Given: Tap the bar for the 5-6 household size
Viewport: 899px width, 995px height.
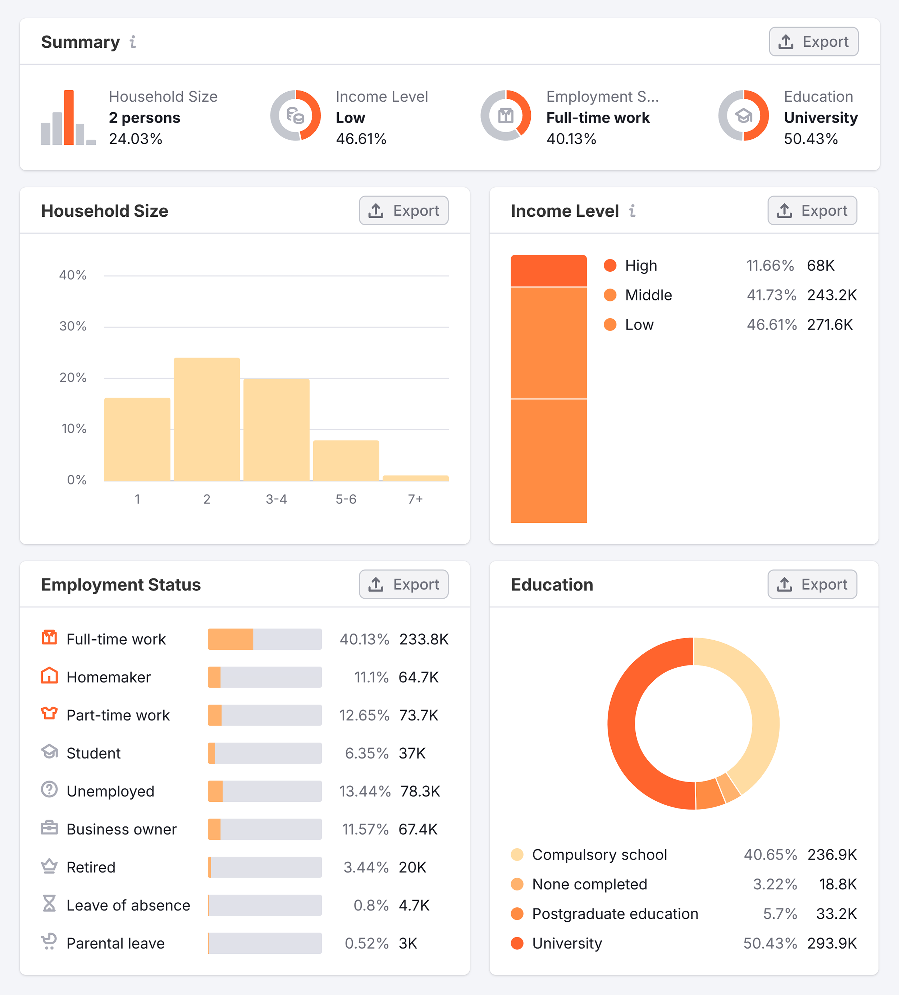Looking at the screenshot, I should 346,460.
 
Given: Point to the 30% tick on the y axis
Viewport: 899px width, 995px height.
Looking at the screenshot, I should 73,326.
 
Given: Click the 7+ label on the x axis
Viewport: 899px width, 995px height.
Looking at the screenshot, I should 415,499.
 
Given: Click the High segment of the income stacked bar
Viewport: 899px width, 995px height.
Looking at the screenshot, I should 548,271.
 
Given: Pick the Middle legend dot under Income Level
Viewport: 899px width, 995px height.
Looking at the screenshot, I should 610,295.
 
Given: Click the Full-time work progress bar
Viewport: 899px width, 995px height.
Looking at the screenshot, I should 264,639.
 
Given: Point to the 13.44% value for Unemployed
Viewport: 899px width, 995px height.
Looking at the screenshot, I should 365,791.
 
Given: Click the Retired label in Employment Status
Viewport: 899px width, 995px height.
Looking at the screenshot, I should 91,867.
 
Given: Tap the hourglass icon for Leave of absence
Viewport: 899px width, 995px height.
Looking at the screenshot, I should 49,904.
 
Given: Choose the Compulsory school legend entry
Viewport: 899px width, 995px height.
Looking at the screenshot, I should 599,854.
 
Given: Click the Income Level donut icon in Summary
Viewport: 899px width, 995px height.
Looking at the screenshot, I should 295,115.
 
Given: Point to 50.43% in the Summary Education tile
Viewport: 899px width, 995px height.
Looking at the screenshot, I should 811,139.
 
